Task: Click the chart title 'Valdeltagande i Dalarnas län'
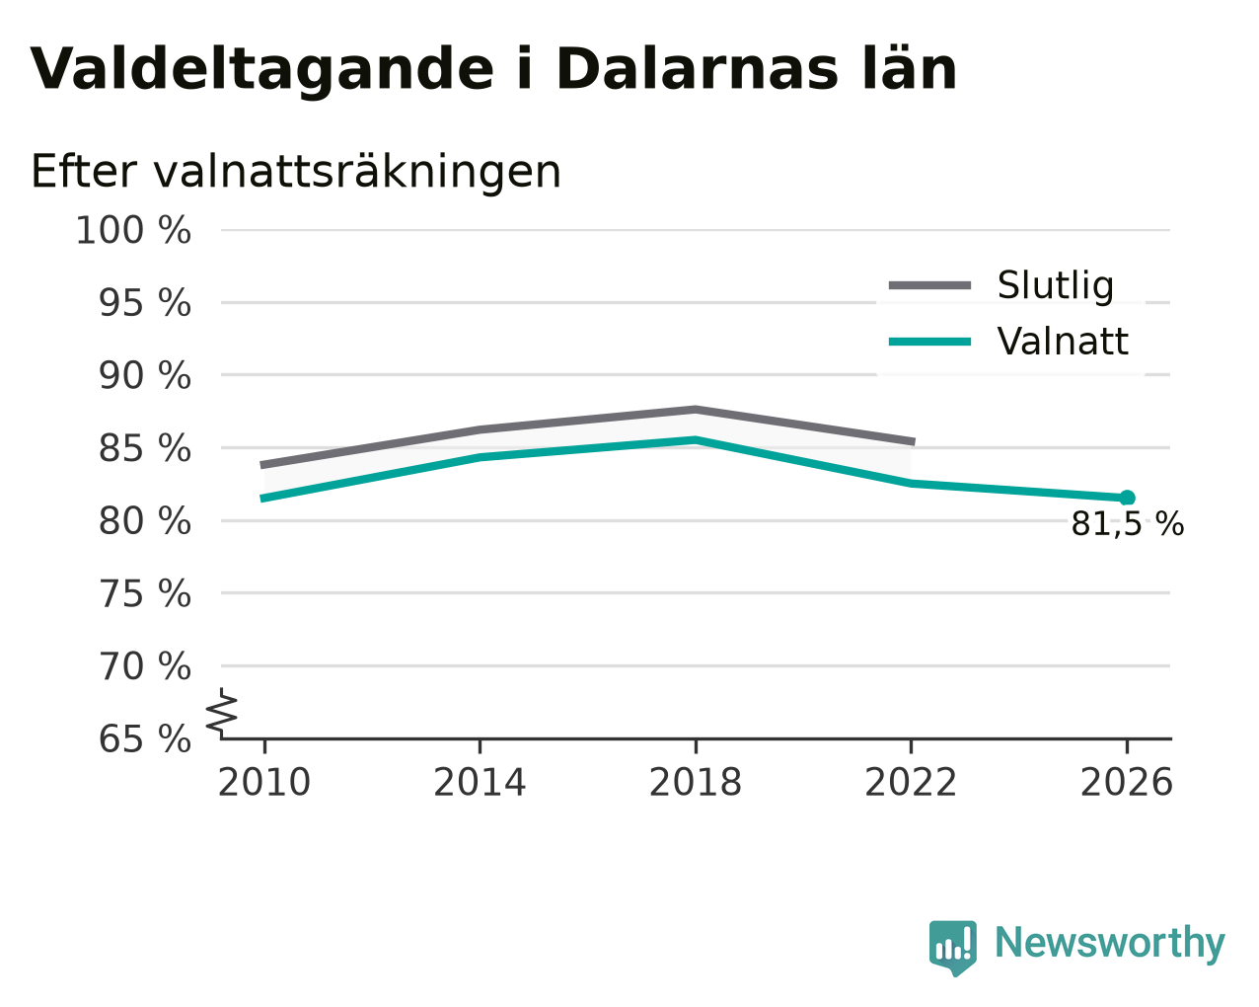coord(492,70)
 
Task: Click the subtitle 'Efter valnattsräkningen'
coord(295,172)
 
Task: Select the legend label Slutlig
coord(1055,285)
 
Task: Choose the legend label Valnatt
coord(1063,342)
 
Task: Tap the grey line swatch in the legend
coord(929,285)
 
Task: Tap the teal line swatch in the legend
coord(929,342)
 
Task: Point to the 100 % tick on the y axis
coord(133,230)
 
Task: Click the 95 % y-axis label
coord(144,303)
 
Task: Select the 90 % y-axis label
coord(144,375)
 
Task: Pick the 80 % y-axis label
coord(144,521)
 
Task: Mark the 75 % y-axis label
coord(144,593)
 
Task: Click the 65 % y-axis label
coord(144,738)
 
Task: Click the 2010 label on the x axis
coord(264,782)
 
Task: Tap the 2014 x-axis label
coord(480,782)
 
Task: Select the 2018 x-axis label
coord(696,782)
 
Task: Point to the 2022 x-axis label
coord(911,782)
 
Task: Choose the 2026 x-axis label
coord(1127,782)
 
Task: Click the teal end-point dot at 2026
coord(1127,499)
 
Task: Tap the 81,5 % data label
coord(1128,524)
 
